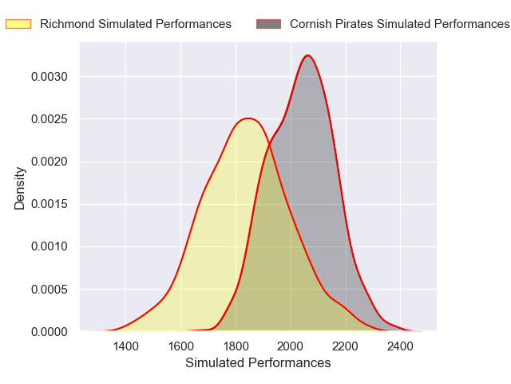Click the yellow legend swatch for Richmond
pyautogui.click(x=18, y=24)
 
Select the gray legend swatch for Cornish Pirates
pyautogui.click(x=269, y=24)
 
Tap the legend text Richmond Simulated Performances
pyautogui.click(x=135, y=24)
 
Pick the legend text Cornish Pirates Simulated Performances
pyautogui.click(x=399, y=24)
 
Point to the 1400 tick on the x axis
pyautogui.click(x=125, y=346)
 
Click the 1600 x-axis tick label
pyautogui.click(x=180, y=346)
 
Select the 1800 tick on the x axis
pyautogui.click(x=236, y=346)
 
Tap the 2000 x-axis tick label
pyautogui.click(x=291, y=346)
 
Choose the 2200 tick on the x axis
pyautogui.click(x=346, y=346)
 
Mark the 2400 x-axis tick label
pyautogui.click(x=401, y=346)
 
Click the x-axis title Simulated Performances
pyautogui.click(x=258, y=363)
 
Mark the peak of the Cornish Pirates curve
pyautogui.click(x=308, y=55)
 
